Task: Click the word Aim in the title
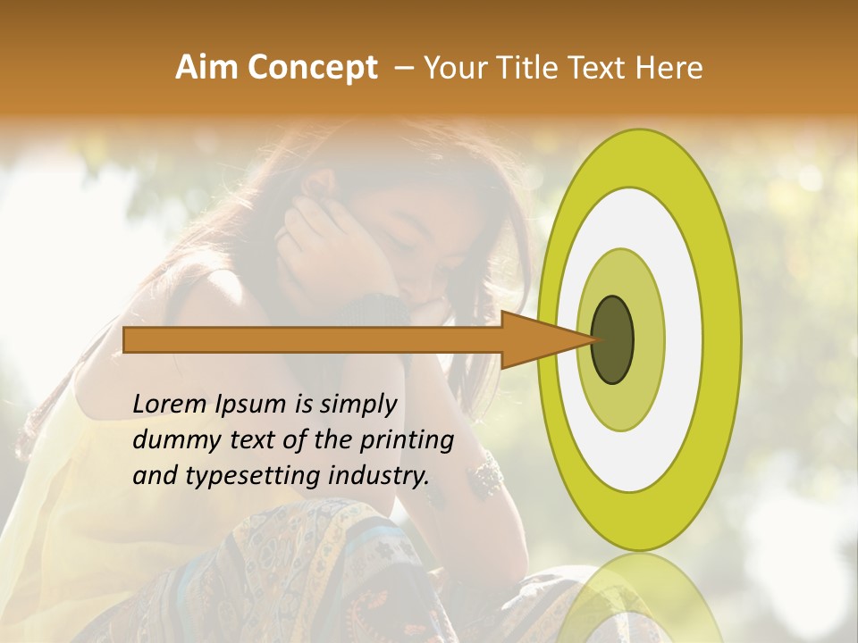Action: [x=206, y=68]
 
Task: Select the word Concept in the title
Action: [x=312, y=68]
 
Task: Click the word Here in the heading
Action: [x=669, y=68]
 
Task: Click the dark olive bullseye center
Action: [x=613, y=339]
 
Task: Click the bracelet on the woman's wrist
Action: [x=488, y=474]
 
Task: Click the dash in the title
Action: [x=403, y=68]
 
